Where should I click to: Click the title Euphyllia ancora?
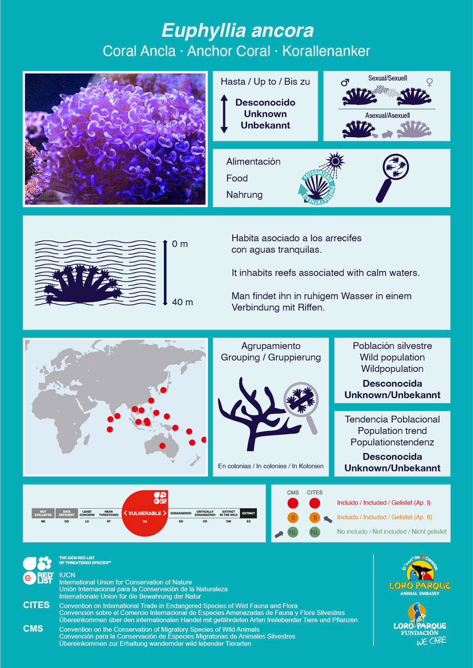237,30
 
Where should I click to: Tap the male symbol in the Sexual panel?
345,82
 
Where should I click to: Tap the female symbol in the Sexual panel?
430,82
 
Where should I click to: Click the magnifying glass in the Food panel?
393,177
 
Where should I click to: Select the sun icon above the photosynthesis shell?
336,161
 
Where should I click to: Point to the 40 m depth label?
182,302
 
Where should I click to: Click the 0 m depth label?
180,244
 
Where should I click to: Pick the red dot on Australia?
162,446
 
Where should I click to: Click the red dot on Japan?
163,390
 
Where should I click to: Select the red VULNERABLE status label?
145,513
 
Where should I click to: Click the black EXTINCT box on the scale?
248,513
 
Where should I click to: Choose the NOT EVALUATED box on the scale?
43,513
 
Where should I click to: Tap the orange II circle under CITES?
314,518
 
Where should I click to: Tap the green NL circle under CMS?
293,532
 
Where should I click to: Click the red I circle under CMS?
293,503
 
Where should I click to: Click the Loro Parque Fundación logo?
420,624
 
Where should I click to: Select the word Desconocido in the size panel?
265,102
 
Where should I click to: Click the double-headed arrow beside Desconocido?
224,114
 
